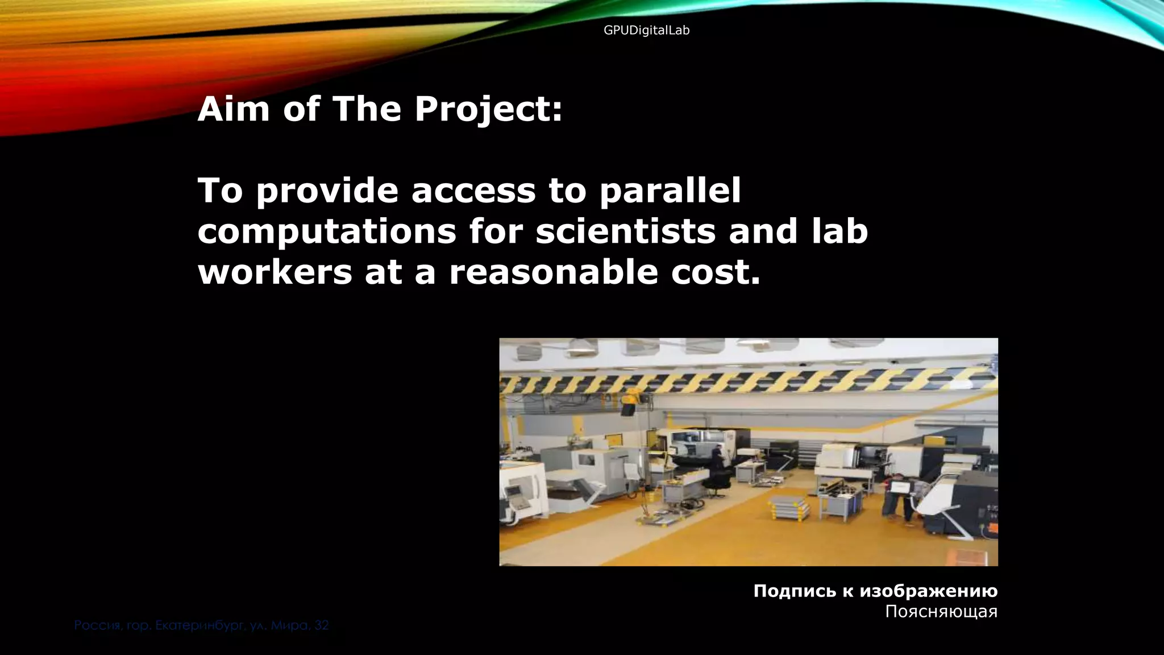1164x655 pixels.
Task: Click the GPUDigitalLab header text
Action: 646,31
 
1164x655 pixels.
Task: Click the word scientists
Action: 625,231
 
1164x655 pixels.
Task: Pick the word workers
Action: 275,272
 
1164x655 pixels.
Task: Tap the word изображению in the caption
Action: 928,591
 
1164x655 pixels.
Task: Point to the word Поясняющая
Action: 941,612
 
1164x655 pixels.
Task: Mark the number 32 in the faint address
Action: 321,626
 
